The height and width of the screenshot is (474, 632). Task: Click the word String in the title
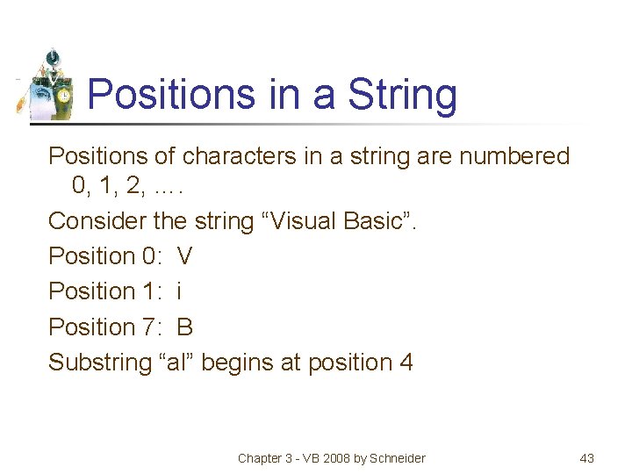[403, 95]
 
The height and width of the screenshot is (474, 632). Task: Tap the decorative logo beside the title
[48, 85]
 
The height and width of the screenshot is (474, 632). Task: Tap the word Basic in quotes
[383, 221]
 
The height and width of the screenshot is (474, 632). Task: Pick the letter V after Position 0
[185, 256]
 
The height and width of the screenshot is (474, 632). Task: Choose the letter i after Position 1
[180, 291]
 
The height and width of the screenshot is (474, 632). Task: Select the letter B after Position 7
[185, 327]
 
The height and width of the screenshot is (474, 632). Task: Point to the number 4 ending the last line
[406, 363]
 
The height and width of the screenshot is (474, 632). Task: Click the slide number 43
[587, 457]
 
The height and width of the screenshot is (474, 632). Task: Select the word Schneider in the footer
[397, 457]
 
